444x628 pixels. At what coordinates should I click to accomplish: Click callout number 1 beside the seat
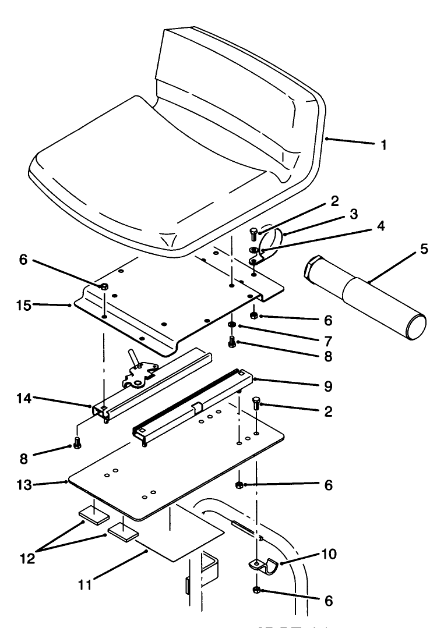[x=383, y=146]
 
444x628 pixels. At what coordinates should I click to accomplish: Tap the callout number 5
[x=424, y=250]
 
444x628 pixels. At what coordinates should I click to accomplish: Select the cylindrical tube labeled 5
[x=367, y=300]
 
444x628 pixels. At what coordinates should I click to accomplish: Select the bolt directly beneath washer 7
[x=232, y=341]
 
